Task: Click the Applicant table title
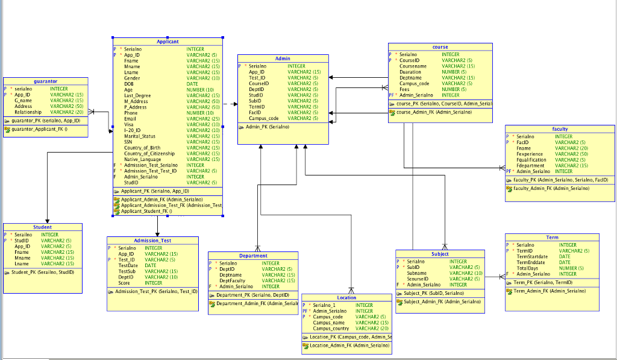pyautogui.click(x=168, y=42)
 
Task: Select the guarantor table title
pyautogui.click(x=46, y=81)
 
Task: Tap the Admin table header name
pyautogui.click(x=283, y=58)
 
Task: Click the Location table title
pyautogui.click(x=346, y=297)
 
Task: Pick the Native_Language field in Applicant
pyautogui.click(x=143, y=159)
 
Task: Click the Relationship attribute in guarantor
pyautogui.click(x=28, y=112)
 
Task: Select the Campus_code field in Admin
pyautogui.click(x=263, y=118)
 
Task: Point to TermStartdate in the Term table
pyautogui.click(x=532, y=256)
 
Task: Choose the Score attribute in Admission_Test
pyautogui.click(x=124, y=283)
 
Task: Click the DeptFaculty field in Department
pyautogui.click(x=232, y=280)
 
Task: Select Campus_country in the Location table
pyautogui.click(x=331, y=328)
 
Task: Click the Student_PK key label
pyautogui.click(x=43, y=272)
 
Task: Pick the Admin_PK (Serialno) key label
pyautogui.click(x=267, y=127)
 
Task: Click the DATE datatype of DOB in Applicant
pyautogui.click(x=192, y=84)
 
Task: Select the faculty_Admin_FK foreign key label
pyautogui.click(x=551, y=188)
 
